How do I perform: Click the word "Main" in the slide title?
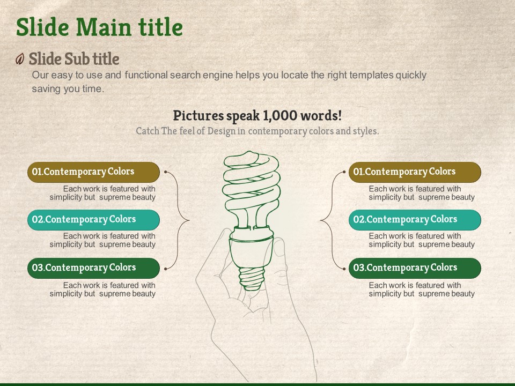pyautogui.click(x=104, y=27)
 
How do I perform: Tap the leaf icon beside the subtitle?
pyautogui.click(x=20, y=59)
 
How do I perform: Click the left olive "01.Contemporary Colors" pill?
pyautogui.click(x=93, y=172)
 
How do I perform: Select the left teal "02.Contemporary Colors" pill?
pyautogui.click(x=93, y=220)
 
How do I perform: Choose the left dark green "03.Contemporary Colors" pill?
pyautogui.click(x=93, y=268)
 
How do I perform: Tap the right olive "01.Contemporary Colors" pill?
pyautogui.click(x=415, y=172)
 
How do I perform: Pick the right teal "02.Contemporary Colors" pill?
pyautogui.click(x=415, y=220)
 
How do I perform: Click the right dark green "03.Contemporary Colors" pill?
pyautogui.click(x=415, y=268)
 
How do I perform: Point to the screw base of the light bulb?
pyautogui.click(x=251, y=279)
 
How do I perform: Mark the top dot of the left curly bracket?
pyautogui.click(x=166, y=172)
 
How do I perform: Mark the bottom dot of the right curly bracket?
pyautogui.click(x=344, y=269)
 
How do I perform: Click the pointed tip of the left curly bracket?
pyautogui.click(x=189, y=220)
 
